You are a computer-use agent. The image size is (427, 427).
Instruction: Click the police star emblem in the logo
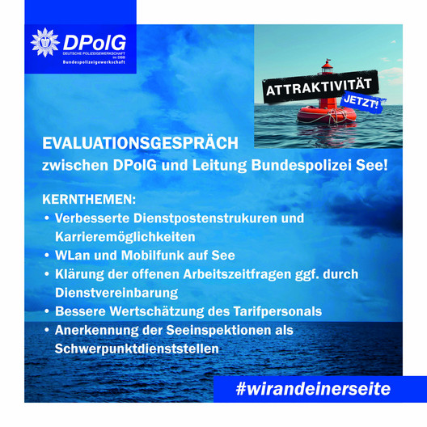[x=45, y=43]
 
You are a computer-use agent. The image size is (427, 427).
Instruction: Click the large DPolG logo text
[x=95, y=43]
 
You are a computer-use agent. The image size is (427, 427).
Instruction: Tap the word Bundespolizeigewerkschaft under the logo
[x=94, y=62]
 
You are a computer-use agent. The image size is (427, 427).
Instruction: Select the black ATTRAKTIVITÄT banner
[x=320, y=87]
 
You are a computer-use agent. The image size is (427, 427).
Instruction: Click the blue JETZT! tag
[x=361, y=102]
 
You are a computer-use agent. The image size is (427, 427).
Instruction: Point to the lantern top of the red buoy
[x=327, y=67]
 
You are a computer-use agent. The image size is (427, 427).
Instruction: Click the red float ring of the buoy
[x=327, y=114]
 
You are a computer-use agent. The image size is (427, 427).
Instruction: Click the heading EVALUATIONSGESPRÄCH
[x=140, y=143]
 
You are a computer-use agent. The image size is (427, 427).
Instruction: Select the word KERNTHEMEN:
[x=89, y=200]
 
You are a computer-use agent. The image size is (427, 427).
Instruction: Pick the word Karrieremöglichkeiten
[x=125, y=237]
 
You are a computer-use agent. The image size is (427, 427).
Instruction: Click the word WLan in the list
[x=73, y=256]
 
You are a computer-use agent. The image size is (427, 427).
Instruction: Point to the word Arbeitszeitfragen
[x=237, y=274]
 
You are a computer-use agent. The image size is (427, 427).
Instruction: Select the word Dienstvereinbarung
[x=116, y=293]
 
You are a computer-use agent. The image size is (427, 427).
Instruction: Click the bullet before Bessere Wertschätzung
[x=47, y=311]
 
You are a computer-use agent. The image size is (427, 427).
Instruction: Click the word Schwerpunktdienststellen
[x=137, y=349]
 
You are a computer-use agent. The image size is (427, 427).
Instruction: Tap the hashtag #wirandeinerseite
[x=313, y=389]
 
